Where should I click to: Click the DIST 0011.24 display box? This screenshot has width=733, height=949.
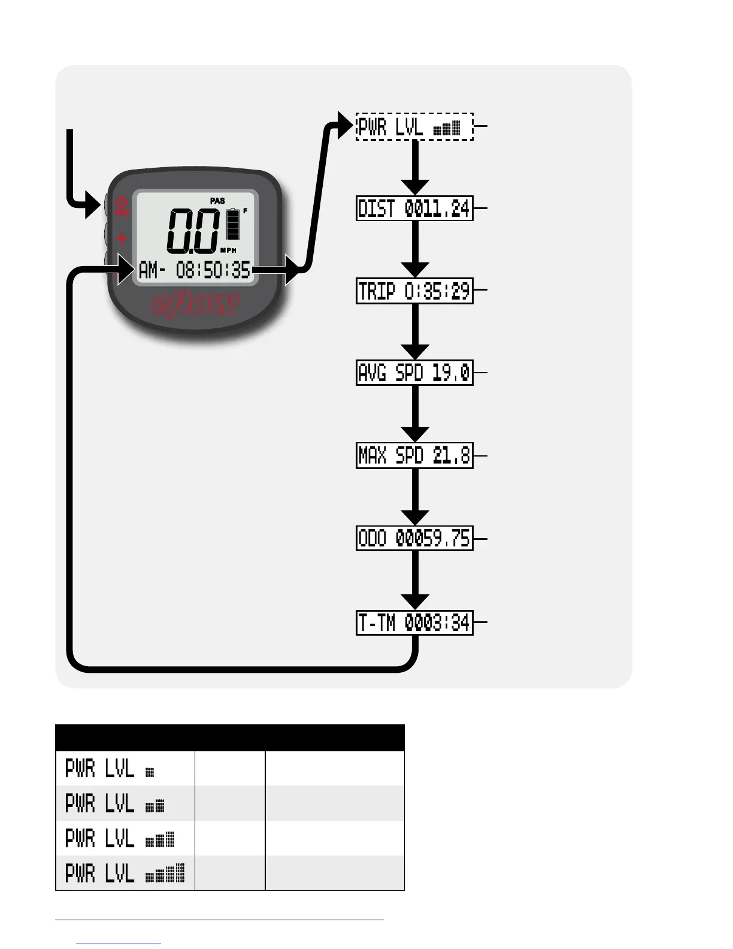pos(414,208)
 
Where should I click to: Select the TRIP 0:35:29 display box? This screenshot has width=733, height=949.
pos(414,291)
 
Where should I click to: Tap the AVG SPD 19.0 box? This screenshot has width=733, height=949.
pos(414,373)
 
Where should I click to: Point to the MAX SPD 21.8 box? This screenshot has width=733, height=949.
pos(414,456)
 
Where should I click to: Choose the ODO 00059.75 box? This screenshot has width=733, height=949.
pos(414,539)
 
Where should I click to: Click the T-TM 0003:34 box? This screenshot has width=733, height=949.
pos(414,624)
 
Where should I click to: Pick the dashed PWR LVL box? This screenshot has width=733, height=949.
pos(414,127)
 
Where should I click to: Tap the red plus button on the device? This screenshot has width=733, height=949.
pos(122,239)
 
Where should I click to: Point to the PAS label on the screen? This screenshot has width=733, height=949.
pos(217,201)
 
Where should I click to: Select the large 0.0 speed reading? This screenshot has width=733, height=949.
pos(192,231)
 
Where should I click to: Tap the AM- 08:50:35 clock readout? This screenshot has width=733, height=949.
pos(195,271)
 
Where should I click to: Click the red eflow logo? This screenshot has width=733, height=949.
pos(195,304)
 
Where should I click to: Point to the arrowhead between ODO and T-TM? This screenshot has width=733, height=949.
pos(414,601)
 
